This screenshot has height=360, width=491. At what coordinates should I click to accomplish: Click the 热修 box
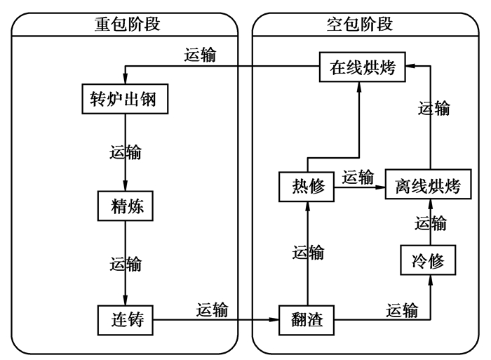pyautogui.click(x=307, y=187)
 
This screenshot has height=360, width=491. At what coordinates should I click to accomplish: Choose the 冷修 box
pyautogui.click(x=428, y=261)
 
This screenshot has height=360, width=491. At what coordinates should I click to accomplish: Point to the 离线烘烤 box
pyautogui.click(x=428, y=187)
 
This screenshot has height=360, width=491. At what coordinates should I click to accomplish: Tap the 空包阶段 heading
pyautogui.click(x=360, y=24)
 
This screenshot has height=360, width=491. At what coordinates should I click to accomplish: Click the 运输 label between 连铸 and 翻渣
pyautogui.click(x=212, y=309)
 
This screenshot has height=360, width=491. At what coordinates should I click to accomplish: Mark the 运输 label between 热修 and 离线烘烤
pyautogui.click(x=358, y=177)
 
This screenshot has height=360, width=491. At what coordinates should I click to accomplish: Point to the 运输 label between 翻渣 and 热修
pyautogui.click(x=309, y=251)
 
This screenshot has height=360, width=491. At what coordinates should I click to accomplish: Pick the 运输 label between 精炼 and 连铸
pyautogui.click(x=126, y=264)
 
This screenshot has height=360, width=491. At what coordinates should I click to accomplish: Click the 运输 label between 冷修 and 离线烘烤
pyautogui.click(x=430, y=224)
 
